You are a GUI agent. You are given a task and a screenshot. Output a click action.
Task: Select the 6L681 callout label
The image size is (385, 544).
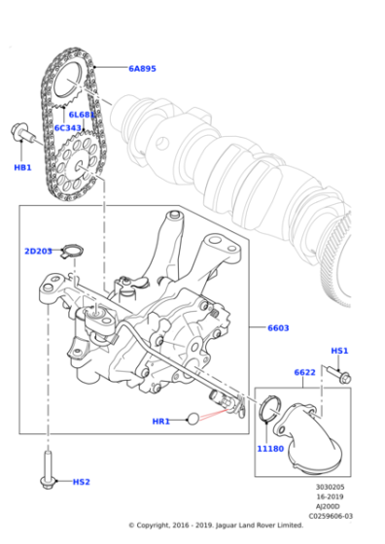pos(82,115)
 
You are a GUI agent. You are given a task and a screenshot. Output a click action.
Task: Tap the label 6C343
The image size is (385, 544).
pos(69,127)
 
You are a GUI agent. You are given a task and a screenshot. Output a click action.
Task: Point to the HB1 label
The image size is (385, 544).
pos(22,168)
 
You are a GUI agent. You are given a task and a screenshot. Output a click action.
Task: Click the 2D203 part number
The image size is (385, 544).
pos(38,252)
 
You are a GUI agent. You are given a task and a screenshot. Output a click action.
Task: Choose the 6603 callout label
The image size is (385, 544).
pos(278,328)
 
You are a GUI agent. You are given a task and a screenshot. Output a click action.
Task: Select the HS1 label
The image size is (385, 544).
pos(339,351)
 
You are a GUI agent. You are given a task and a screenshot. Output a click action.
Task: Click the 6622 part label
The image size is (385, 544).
pos(303,372)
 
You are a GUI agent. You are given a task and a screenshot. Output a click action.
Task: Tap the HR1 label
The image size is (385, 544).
pos(161,421)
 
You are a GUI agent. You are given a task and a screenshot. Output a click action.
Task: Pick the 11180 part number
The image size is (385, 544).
pos(269,450)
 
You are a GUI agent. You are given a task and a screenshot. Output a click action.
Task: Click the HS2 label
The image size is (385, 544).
pos(81,482)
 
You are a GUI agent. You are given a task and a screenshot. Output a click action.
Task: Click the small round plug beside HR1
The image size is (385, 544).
pos(193,420)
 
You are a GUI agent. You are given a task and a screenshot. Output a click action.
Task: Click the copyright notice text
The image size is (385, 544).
pos(241,526)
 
